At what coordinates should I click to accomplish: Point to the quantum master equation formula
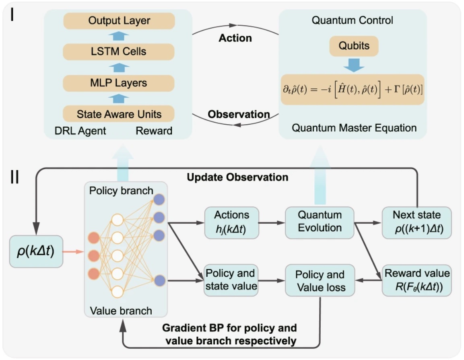(x=353, y=90)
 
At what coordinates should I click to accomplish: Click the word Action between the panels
(x=235, y=38)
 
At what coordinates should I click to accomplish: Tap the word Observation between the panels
(x=238, y=114)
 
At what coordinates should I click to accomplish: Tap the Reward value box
(x=417, y=281)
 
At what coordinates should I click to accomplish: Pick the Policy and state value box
(x=231, y=280)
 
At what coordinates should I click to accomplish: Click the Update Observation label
(x=237, y=177)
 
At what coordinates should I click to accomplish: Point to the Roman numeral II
(x=14, y=177)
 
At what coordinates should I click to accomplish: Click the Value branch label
(x=121, y=311)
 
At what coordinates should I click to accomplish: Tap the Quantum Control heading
(x=353, y=20)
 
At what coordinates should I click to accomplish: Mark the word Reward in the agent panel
(x=154, y=131)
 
